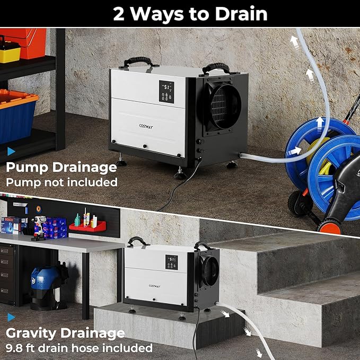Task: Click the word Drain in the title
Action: (241, 14)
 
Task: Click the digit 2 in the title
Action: (120, 14)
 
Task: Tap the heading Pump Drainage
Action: (61, 168)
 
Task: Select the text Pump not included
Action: (61, 182)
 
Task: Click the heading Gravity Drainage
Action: (65, 333)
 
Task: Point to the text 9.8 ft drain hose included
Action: (79, 348)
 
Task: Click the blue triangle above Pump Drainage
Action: (11, 152)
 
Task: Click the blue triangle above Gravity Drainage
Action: (11, 318)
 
